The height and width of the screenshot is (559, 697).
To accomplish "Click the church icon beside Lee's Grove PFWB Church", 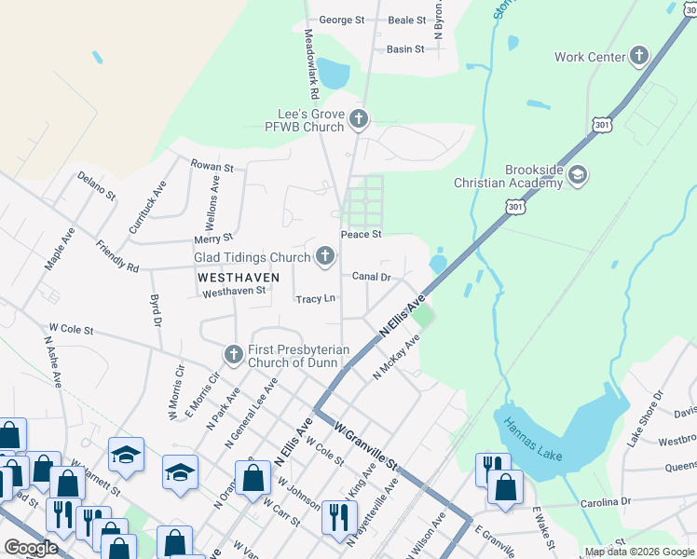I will [x=360, y=118].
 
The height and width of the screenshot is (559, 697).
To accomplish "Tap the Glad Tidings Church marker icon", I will [x=325, y=256].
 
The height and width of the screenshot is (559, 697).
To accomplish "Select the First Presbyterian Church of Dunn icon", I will [x=233, y=355].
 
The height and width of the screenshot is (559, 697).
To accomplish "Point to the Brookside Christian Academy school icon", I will [x=578, y=175].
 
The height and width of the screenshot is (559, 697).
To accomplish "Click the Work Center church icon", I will [x=640, y=57].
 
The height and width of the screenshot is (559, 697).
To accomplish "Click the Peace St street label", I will [x=362, y=235].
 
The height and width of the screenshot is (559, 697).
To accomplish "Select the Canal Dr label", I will [x=370, y=277].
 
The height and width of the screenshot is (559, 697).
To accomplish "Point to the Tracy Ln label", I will [x=315, y=299].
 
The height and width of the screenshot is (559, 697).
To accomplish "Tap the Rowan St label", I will [x=212, y=167].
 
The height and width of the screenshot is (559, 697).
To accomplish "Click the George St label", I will [x=341, y=20].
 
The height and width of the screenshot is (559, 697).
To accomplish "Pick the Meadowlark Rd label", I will [x=312, y=64].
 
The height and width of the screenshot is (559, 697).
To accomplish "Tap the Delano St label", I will [x=96, y=186].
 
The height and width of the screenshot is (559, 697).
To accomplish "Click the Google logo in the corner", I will [x=31, y=548].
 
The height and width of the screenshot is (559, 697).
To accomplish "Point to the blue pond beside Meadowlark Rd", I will [x=333, y=73].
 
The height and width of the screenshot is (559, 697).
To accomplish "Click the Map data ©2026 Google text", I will [x=639, y=552].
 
